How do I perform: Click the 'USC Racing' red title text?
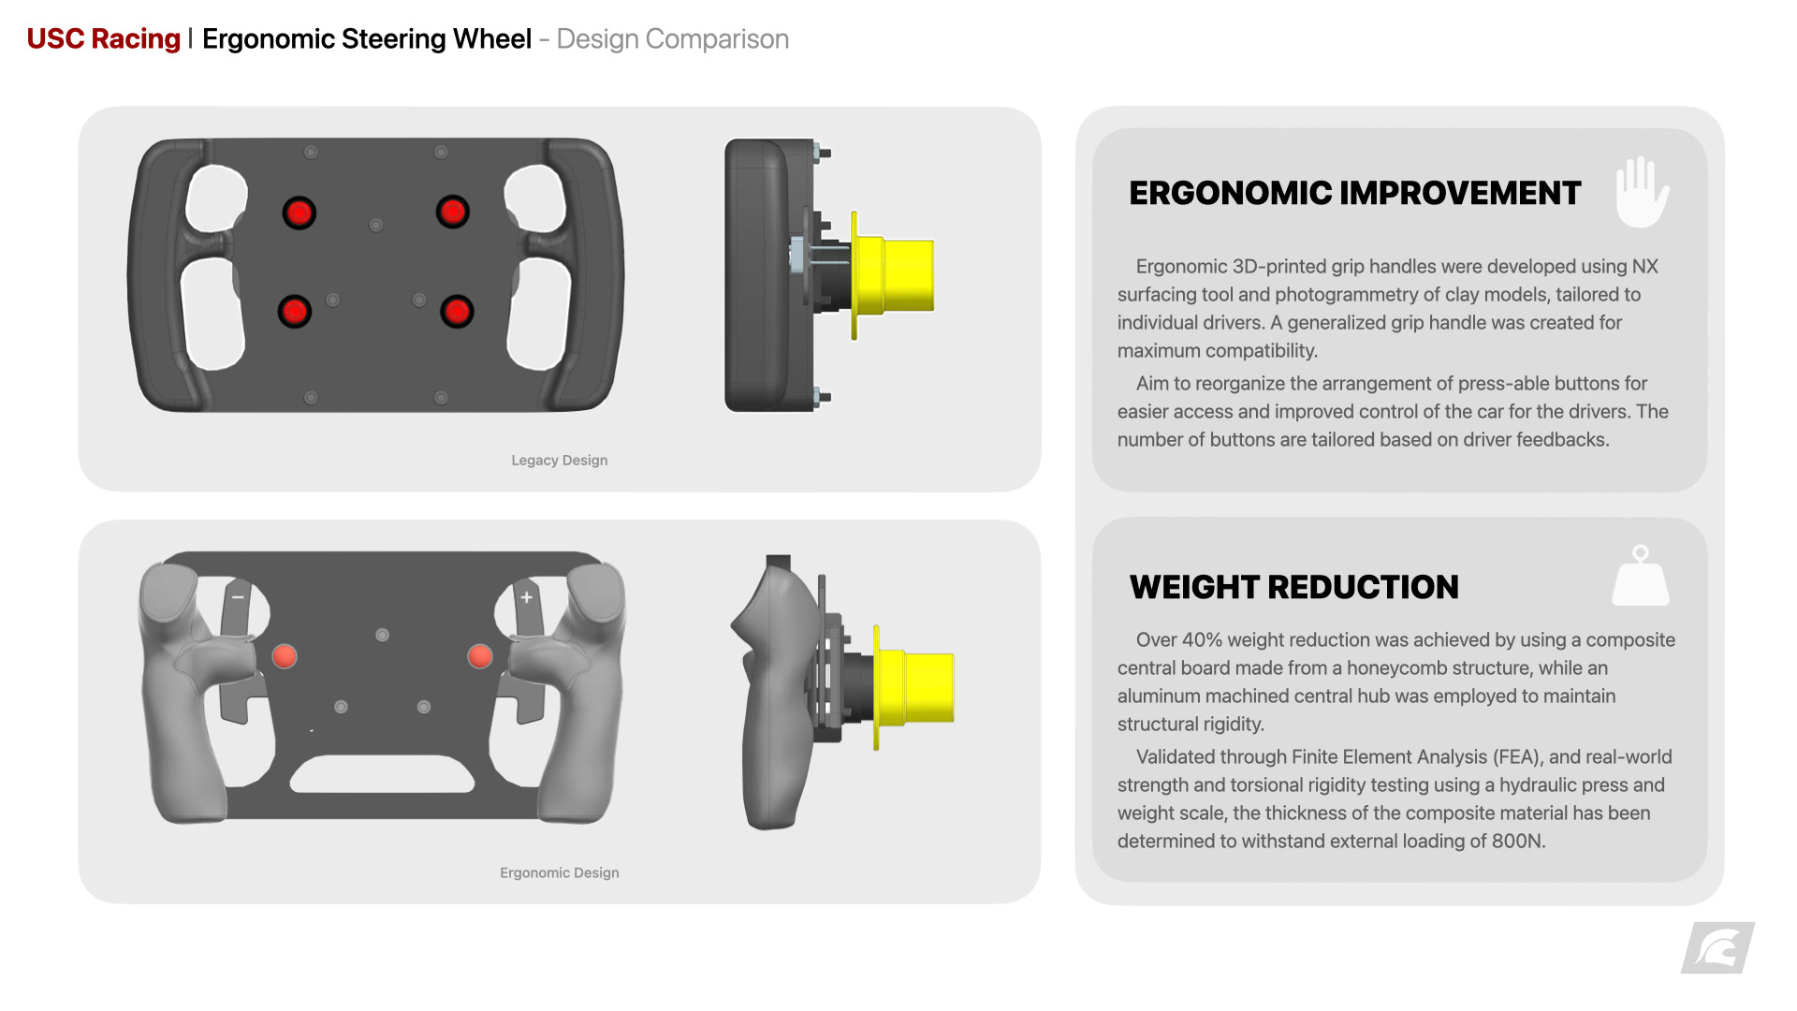(x=103, y=39)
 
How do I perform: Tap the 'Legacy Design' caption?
(x=559, y=461)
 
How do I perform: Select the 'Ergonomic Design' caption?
(x=559, y=873)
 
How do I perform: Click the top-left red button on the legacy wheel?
(x=299, y=212)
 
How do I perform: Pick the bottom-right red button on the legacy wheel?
(x=457, y=311)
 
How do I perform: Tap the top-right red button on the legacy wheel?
(x=452, y=212)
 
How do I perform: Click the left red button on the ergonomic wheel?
(x=285, y=656)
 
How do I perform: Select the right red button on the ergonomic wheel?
(x=480, y=656)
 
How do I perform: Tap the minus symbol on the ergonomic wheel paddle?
(x=238, y=597)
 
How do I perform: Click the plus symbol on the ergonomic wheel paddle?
(x=527, y=597)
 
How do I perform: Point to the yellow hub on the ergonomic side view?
(x=917, y=688)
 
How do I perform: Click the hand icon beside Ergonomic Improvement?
(x=1642, y=193)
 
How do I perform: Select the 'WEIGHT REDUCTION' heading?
(x=1293, y=588)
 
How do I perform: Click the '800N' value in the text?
(x=1516, y=842)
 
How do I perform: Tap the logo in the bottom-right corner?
(x=1717, y=948)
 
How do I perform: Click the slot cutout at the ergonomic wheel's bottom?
(x=382, y=774)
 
